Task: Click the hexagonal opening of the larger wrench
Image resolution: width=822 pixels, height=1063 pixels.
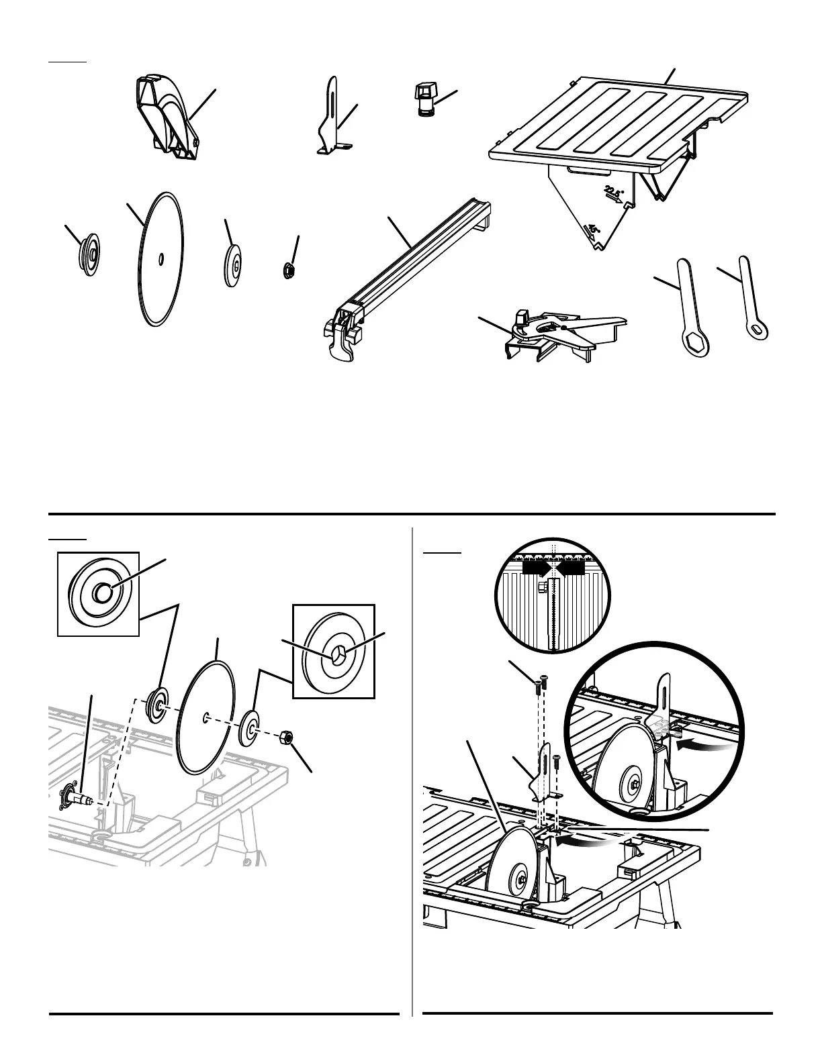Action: click(x=692, y=345)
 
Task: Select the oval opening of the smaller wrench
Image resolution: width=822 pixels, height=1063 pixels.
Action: click(x=759, y=330)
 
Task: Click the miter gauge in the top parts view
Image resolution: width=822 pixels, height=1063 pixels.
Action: click(x=551, y=332)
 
